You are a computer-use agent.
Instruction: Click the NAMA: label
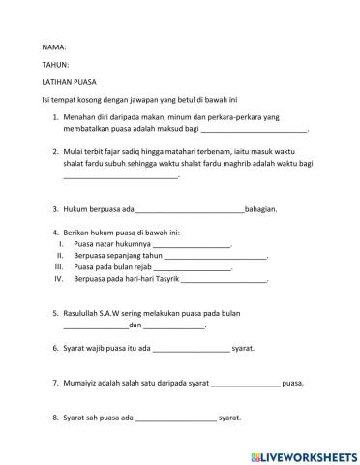53,46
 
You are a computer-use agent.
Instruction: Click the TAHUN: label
55,65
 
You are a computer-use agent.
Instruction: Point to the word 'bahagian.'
263,208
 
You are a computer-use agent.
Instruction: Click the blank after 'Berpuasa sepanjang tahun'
221,258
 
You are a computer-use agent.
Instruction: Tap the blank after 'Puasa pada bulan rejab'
195,268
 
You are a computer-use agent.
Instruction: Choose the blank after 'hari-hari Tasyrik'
224,280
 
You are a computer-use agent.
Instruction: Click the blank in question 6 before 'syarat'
191,349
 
